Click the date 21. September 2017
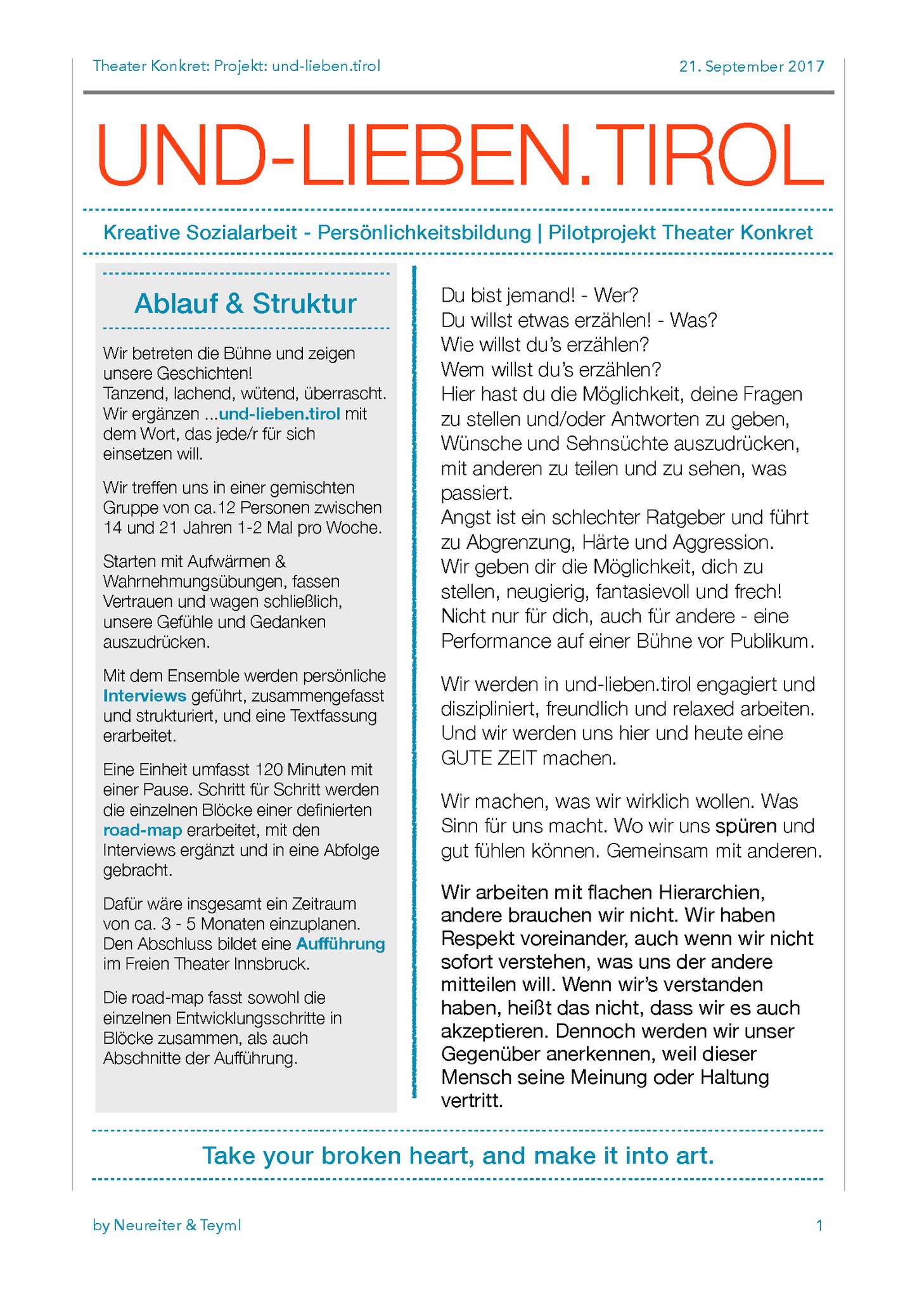[x=752, y=66]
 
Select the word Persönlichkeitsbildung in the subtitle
[x=424, y=232]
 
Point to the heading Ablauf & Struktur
[x=245, y=304]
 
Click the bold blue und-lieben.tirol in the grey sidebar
[x=279, y=414]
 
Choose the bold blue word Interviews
[x=144, y=696]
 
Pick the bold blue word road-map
[x=143, y=830]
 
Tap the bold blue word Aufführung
[x=340, y=944]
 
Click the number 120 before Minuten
[x=269, y=769]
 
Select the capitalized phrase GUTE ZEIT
[x=489, y=758]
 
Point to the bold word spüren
[x=746, y=826]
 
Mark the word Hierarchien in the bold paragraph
[x=712, y=892]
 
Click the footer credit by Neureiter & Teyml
[x=167, y=1225]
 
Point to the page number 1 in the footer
[x=819, y=1226]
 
